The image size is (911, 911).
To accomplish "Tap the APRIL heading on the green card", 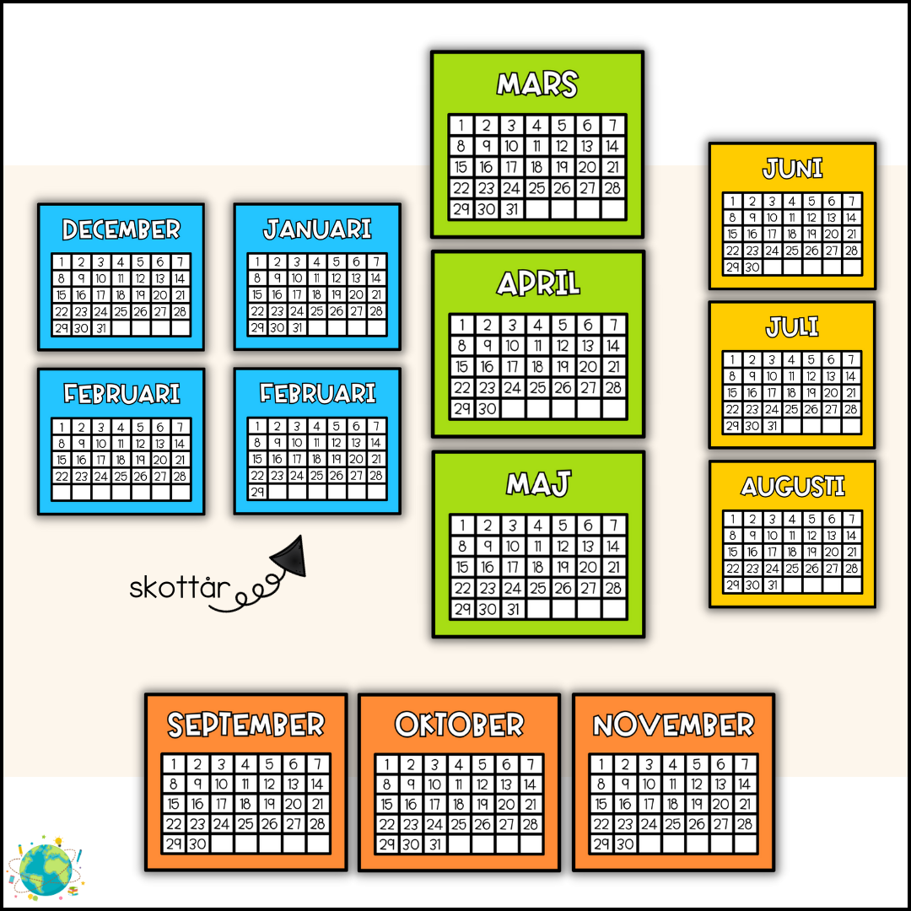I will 538,283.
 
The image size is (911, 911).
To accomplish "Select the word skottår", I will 179,588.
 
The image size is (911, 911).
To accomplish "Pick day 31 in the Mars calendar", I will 511,209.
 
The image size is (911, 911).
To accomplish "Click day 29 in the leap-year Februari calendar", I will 257,492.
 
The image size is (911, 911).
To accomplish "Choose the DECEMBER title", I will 121,229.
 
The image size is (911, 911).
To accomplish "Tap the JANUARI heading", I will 317,229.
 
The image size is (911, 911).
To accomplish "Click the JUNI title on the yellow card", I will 792,169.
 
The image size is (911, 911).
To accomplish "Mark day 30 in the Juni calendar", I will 752,267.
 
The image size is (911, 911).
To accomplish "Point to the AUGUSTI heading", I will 792,487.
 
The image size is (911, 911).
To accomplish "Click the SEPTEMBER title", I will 245,725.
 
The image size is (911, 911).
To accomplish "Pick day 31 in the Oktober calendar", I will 434,844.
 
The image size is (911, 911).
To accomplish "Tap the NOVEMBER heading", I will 673,725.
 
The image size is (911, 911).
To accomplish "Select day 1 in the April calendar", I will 461,325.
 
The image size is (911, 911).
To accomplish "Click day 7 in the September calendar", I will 317,764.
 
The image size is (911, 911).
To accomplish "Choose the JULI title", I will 792,327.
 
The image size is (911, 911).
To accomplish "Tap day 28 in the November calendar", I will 745,824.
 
